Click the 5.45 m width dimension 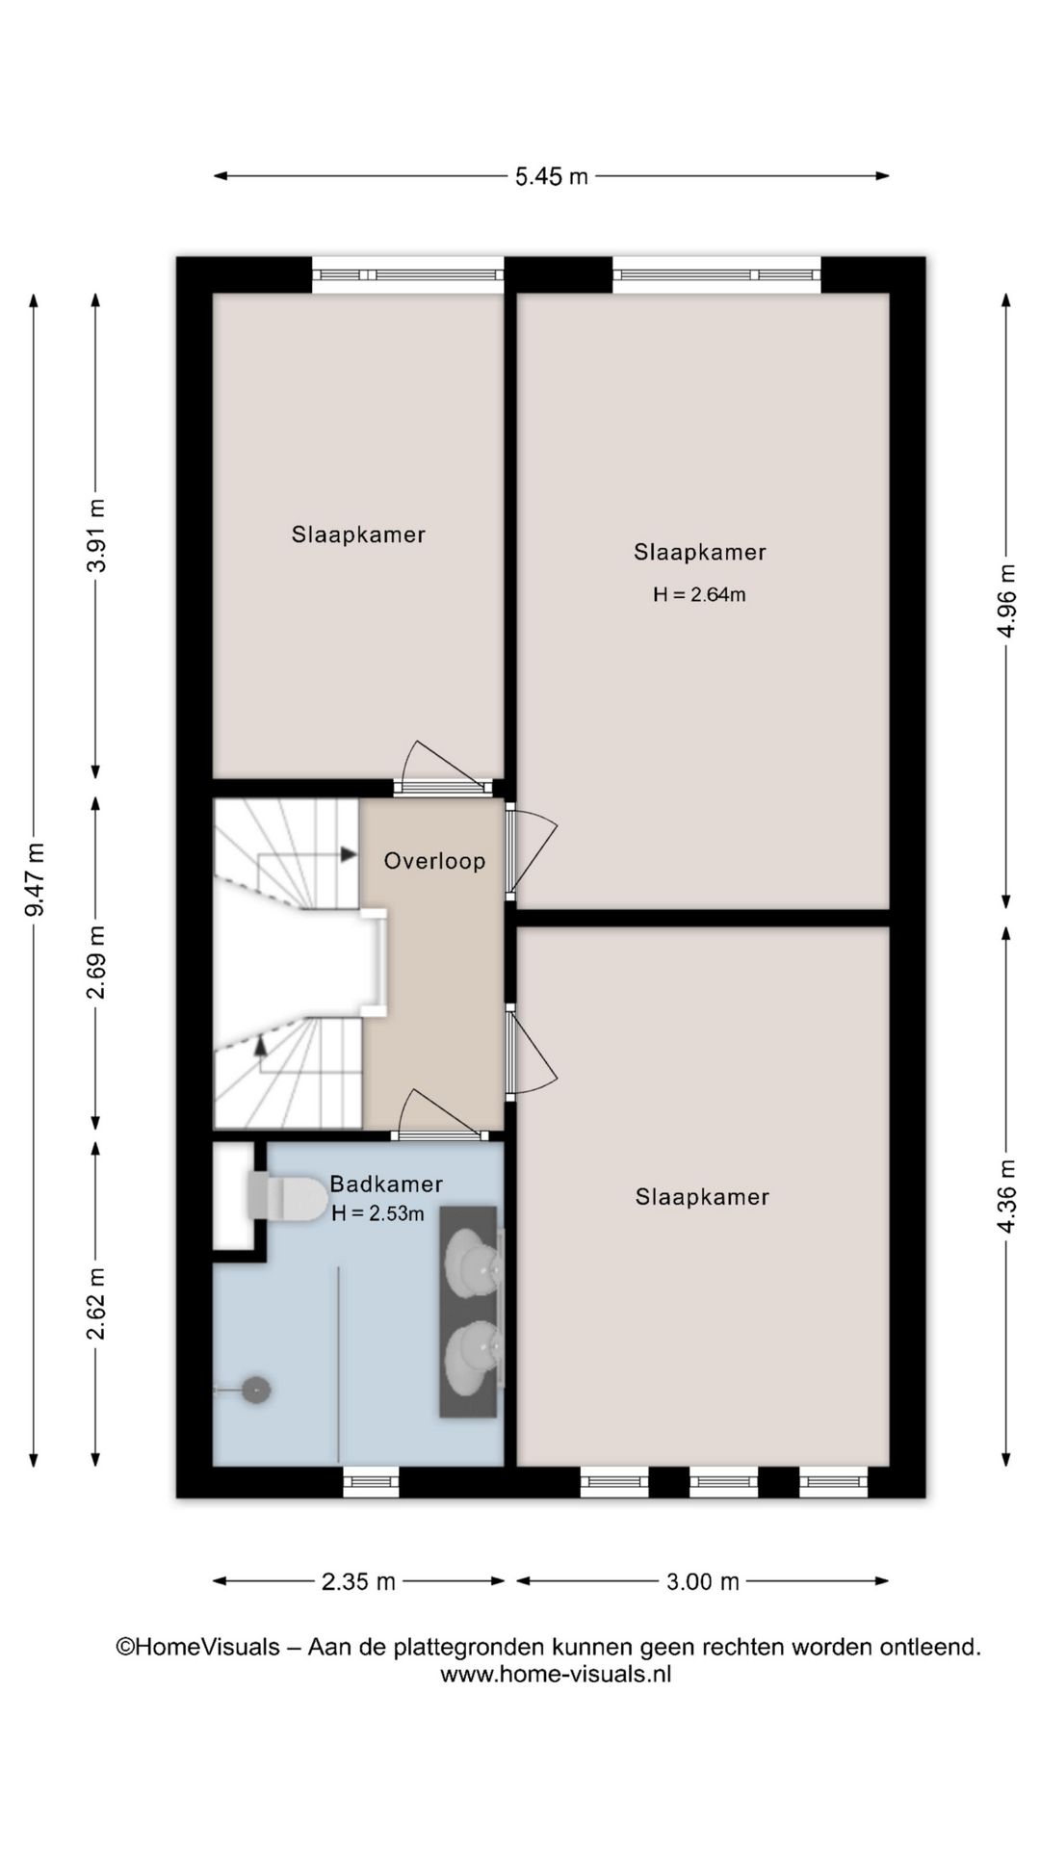pyautogui.click(x=551, y=176)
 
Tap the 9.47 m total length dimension pyautogui.click(x=36, y=879)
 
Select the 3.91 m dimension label pyautogui.click(x=96, y=535)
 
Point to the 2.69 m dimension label pyautogui.click(x=96, y=961)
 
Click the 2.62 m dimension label pyautogui.click(x=96, y=1304)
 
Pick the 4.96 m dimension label pyautogui.click(x=1006, y=600)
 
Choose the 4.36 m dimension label pyautogui.click(x=1006, y=1195)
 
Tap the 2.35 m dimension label pyautogui.click(x=358, y=1581)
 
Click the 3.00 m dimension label pyautogui.click(x=703, y=1581)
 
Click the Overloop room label pyautogui.click(x=434, y=861)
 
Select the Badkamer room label pyautogui.click(x=386, y=1184)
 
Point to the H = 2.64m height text pyautogui.click(x=699, y=595)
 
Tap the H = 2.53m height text pyautogui.click(x=377, y=1214)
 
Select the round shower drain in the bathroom pyautogui.click(x=255, y=1390)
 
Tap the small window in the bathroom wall pyautogui.click(x=372, y=1481)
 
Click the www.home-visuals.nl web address pyautogui.click(x=556, y=1674)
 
